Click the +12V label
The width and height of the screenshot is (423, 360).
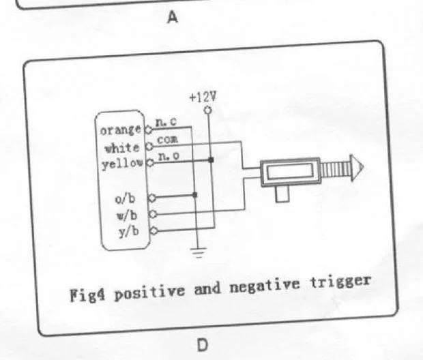click(x=203, y=96)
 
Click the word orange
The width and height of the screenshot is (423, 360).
click(x=121, y=130)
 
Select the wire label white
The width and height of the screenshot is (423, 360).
click(x=122, y=147)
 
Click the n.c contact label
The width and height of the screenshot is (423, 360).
click(x=164, y=123)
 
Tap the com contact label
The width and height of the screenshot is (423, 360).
click(x=167, y=139)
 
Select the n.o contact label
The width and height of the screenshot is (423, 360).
click(x=166, y=156)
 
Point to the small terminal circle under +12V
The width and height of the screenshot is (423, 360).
click(x=207, y=109)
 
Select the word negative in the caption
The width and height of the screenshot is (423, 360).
click(x=276, y=287)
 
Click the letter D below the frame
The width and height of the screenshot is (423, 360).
click(x=202, y=345)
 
